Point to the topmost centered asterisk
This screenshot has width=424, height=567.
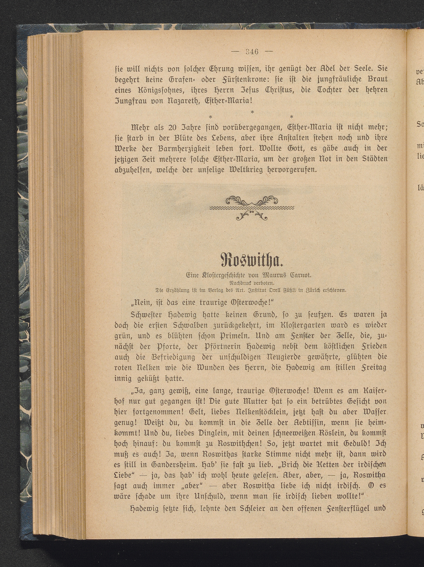coord(252,112)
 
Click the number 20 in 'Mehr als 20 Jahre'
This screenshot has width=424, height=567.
coord(173,127)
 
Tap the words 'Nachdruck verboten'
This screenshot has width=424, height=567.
coord(251,283)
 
